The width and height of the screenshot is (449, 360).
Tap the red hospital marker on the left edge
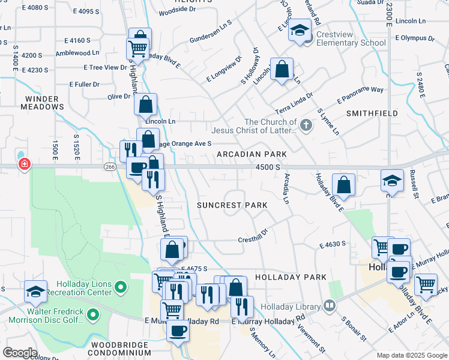(x=24, y=164)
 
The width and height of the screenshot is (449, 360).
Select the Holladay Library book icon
(x=329, y=306)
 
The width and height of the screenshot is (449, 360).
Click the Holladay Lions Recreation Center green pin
(x=121, y=288)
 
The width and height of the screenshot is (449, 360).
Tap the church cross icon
(x=306, y=125)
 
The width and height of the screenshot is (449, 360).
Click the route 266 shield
(x=109, y=166)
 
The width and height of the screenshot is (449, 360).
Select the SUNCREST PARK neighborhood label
(x=232, y=205)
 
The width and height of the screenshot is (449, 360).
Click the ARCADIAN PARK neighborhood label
(x=252, y=154)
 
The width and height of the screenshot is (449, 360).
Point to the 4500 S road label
(x=268, y=168)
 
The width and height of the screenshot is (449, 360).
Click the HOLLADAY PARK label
(x=291, y=277)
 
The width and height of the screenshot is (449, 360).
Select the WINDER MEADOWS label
(x=44, y=103)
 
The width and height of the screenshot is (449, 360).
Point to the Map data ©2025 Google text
(x=412, y=355)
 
